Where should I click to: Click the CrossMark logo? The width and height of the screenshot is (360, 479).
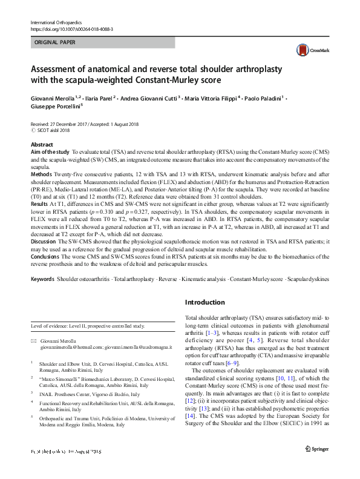point(307,51)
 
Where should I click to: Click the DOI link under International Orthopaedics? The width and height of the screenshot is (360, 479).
point(71,28)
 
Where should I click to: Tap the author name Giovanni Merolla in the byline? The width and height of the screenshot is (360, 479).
point(53,97)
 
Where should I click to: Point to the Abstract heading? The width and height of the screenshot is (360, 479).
point(42,145)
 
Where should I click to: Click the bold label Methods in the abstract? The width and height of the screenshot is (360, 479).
point(41,173)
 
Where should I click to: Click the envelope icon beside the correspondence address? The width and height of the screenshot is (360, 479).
point(34,342)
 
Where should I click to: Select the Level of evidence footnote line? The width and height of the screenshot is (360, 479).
point(88,326)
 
